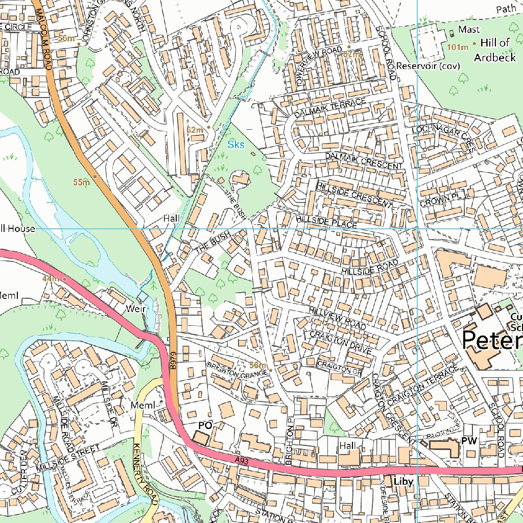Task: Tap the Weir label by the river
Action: click(137, 310)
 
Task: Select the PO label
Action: click(205, 425)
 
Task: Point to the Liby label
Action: click(403, 481)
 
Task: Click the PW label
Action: click(468, 440)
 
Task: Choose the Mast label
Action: click(468, 30)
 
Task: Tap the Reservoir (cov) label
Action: click(428, 66)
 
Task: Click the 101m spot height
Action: click(458, 47)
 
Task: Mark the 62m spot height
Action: click(195, 130)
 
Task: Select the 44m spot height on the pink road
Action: click(51, 278)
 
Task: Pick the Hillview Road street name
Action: click(337, 318)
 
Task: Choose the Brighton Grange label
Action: click(237, 370)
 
